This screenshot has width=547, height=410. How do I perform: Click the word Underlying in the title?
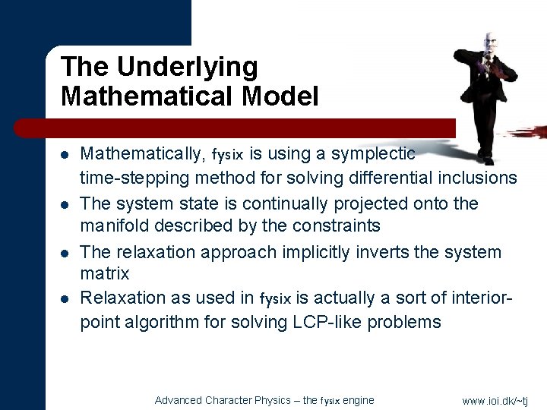(188, 68)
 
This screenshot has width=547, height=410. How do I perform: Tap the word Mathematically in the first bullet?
(142, 154)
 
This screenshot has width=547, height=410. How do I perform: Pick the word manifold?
(112, 226)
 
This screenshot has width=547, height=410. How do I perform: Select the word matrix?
(105, 273)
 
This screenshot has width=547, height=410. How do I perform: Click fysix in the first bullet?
(227, 156)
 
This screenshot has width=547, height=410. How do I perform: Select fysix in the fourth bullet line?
(275, 299)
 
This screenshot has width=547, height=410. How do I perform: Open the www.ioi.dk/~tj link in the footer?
(495, 401)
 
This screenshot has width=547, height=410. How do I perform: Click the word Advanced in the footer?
(179, 400)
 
